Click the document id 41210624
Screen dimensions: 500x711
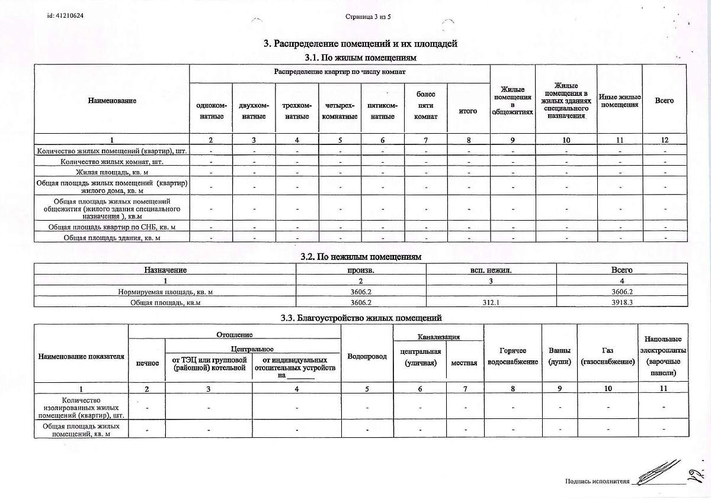click(65, 16)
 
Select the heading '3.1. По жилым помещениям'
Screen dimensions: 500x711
click(360, 58)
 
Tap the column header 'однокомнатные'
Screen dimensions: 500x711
click(211, 111)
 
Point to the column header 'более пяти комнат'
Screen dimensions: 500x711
click(425, 105)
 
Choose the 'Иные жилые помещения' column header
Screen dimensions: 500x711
click(620, 101)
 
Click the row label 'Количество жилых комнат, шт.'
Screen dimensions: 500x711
click(112, 162)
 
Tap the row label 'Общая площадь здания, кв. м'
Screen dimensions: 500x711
click(112, 237)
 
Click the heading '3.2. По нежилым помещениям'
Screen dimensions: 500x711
click(360, 257)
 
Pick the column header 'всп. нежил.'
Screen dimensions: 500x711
click(491, 270)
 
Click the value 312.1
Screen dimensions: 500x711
click(491, 302)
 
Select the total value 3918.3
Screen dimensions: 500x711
click(622, 302)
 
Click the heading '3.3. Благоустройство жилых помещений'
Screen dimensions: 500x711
click(361, 318)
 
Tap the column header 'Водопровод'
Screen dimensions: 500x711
click(367, 356)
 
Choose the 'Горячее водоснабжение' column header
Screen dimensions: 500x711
click(513, 356)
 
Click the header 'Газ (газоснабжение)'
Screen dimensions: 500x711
click(607, 356)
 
